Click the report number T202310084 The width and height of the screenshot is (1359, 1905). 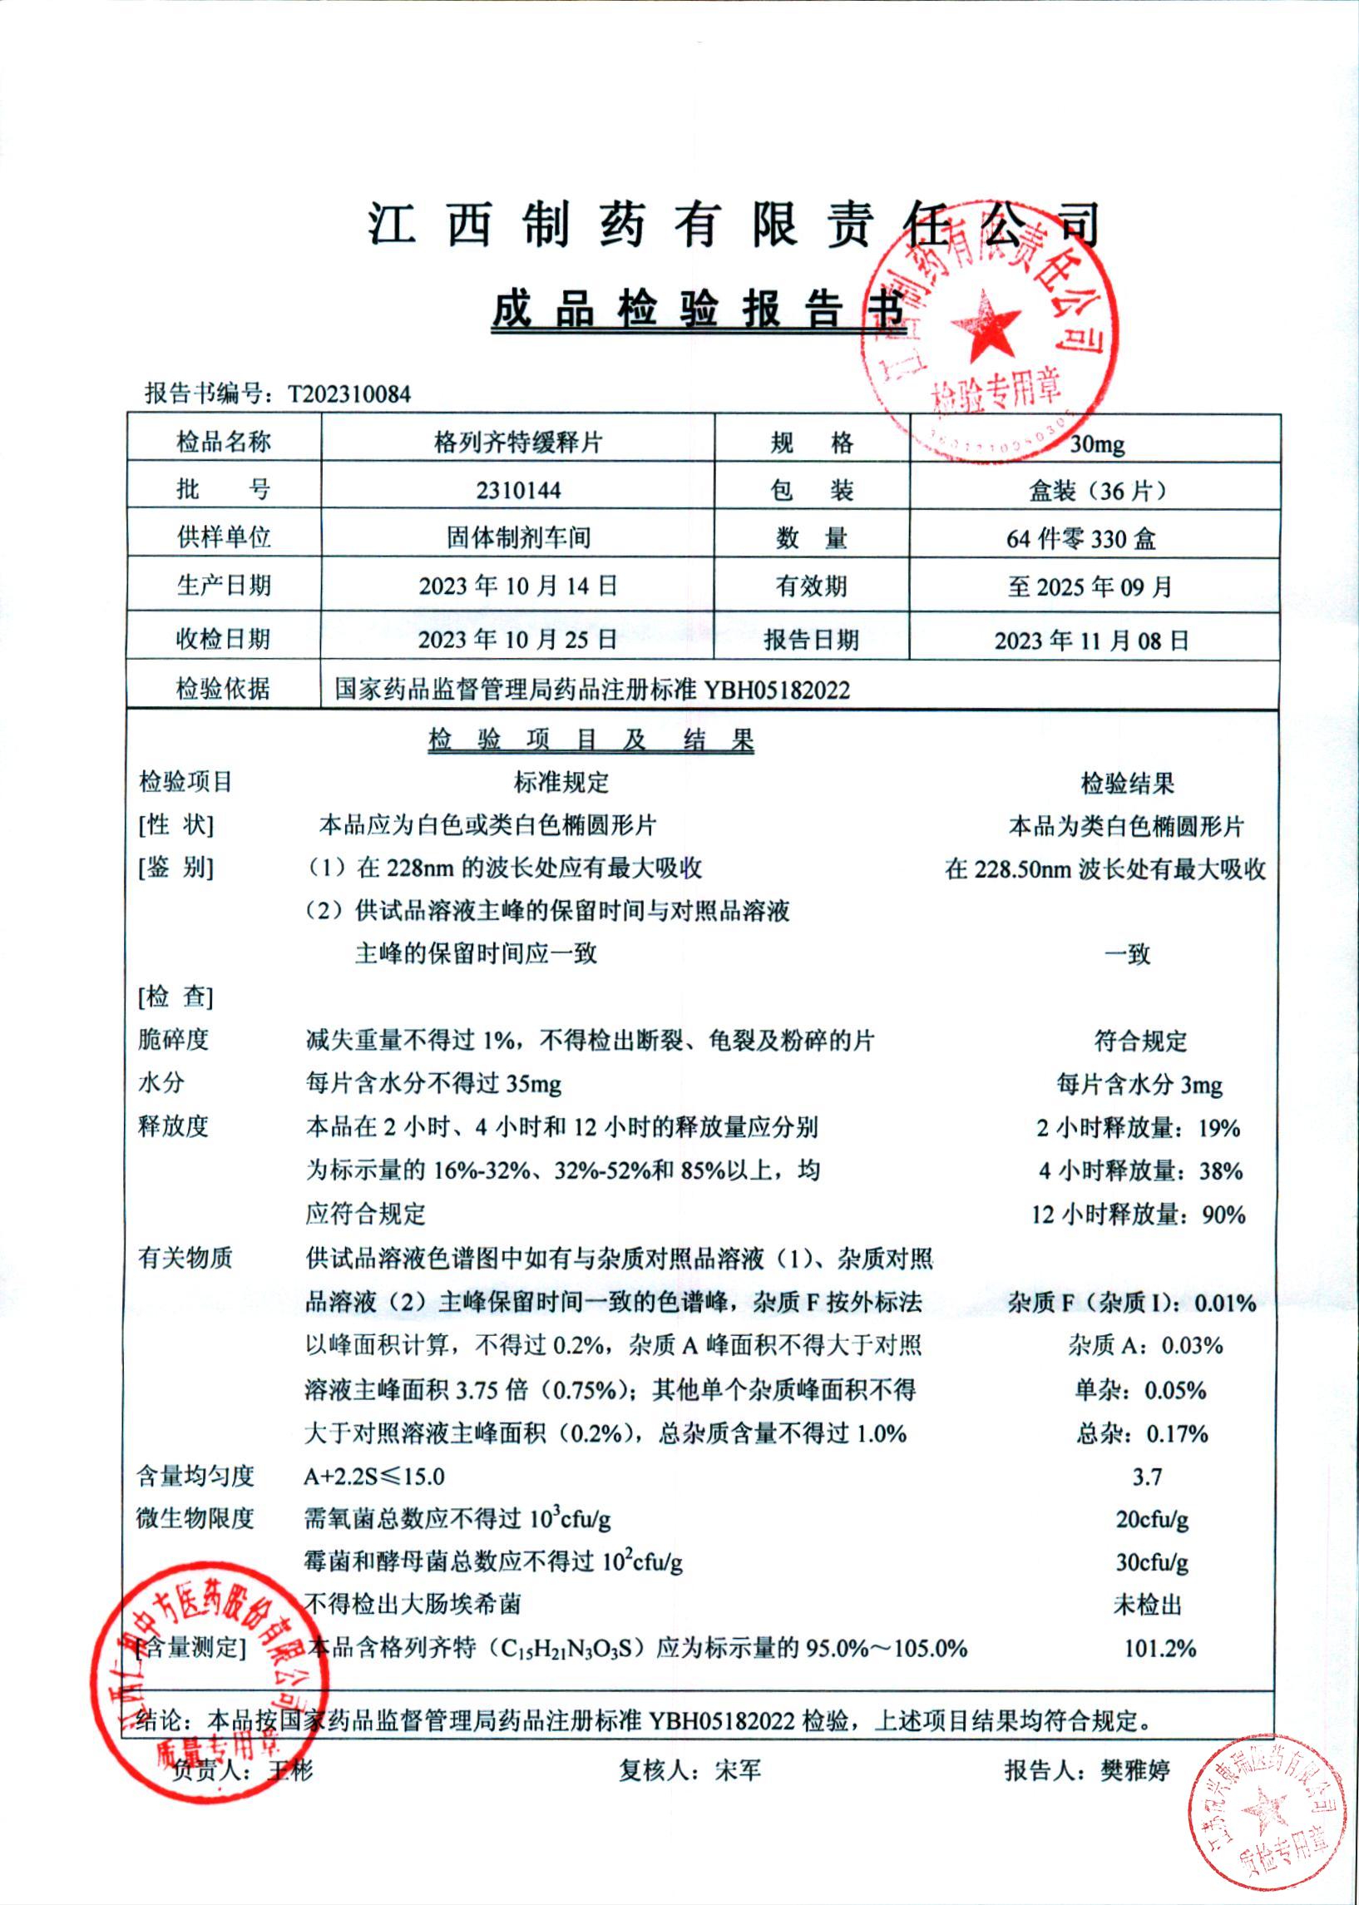pyautogui.click(x=349, y=394)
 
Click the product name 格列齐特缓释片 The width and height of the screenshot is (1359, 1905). pyautogui.click(x=518, y=442)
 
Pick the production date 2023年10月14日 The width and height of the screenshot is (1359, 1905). pyautogui.click(x=518, y=585)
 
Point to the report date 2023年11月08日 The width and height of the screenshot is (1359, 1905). pyautogui.click(x=1091, y=641)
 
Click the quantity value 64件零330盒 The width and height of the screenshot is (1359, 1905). pyautogui.click(x=1081, y=538)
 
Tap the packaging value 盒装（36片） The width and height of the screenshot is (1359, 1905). pyautogui.click(x=1096, y=491)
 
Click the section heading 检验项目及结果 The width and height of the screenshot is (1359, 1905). pyautogui.click(x=591, y=739)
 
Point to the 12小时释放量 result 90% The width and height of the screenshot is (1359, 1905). pyautogui.click(x=1223, y=1214)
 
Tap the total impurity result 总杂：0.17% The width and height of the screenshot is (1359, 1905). pyautogui.click(x=1141, y=1433)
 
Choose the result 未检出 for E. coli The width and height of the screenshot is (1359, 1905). pyautogui.click(x=1146, y=1605)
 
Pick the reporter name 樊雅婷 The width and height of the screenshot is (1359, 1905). pyautogui.click(x=1134, y=1769)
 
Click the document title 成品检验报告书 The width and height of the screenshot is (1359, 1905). pyautogui.click(x=699, y=309)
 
